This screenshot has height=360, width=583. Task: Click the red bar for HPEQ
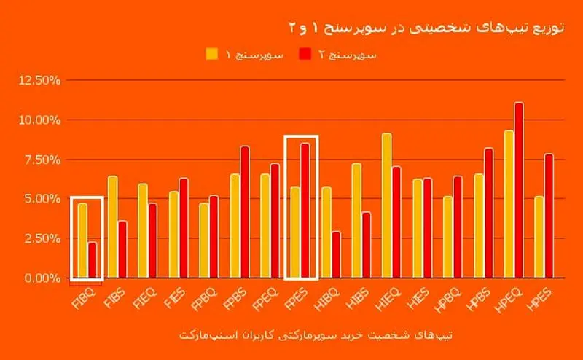pos(519,190)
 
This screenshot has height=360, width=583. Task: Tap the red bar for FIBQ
pos(92,259)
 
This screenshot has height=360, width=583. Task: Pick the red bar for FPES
pos(305,211)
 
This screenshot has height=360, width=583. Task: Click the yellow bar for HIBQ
pos(326,232)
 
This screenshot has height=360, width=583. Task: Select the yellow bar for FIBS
pos(112,227)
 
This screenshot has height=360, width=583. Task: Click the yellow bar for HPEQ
pos(509,204)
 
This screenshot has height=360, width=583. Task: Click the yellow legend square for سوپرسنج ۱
pos(212,53)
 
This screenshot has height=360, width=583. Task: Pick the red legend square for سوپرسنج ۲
pos(305,53)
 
